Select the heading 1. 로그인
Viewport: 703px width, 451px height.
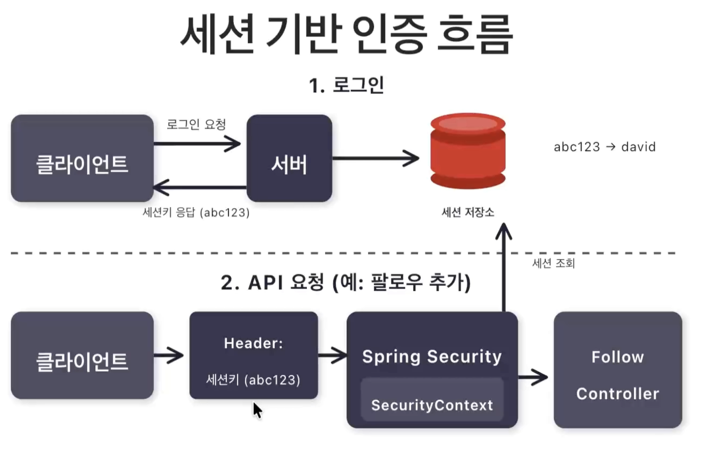coord(346,85)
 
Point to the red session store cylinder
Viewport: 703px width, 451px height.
coord(468,151)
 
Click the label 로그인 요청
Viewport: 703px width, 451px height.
coord(196,124)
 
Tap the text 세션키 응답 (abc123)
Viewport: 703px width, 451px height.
coord(196,213)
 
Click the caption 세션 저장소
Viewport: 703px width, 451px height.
coord(468,212)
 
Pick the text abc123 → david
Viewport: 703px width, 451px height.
coord(605,147)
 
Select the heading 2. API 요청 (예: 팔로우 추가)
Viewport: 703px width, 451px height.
coord(346,282)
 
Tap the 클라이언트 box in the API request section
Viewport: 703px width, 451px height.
coord(82,355)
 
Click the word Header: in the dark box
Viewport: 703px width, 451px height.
coord(253,343)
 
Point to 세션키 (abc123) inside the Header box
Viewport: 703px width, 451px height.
coord(253,380)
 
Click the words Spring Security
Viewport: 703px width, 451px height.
coord(432,357)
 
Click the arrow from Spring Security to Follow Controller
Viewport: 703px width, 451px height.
coord(533,377)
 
